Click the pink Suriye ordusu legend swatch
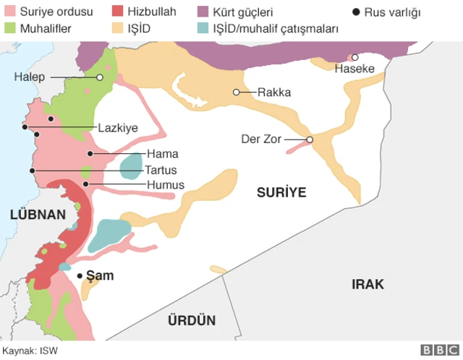tap(9, 12)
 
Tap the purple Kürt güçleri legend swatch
tap(204, 12)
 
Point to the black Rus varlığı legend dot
tap(355, 12)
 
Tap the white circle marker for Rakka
tap(236, 92)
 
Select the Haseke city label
tap(354, 69)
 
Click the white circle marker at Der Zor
tap(310, 140)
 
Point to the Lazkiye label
tap(118, 128)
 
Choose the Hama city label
tap(162, 154)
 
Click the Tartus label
tap(161, 170)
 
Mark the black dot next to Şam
tap(80, 275)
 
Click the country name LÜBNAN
tap(38, 214)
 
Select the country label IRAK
tap(368, 284)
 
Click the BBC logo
tap(435, 350)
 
